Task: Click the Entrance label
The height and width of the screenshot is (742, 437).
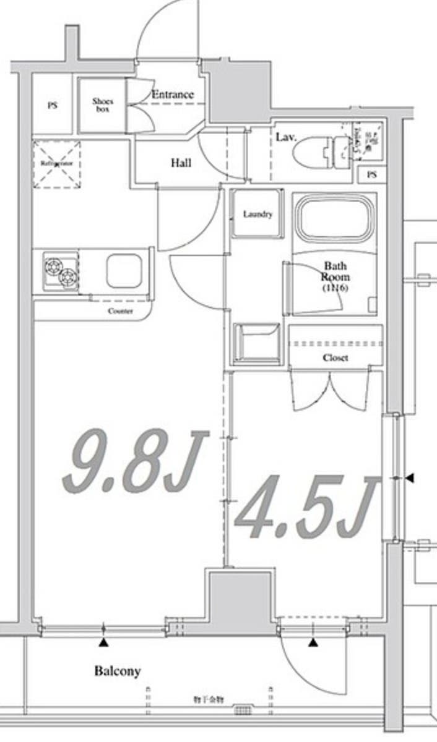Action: tap(173, 95)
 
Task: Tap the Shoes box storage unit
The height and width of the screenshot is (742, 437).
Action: tap(102, 104)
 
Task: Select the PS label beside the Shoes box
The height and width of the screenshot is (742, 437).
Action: tap(52, 105)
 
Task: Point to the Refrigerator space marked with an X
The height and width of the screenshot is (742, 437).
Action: tap(57, 164)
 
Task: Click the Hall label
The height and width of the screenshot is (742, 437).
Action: tap(181, 163)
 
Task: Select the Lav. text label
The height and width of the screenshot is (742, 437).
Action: tap(286, 137)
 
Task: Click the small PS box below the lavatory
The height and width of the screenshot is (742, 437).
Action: tap(371, 175)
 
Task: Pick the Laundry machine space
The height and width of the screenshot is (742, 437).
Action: tap(257, 214)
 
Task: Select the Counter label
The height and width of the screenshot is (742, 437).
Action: tap(120, 311)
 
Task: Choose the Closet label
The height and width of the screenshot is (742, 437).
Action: tap(335, 358)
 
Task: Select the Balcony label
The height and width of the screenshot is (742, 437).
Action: tap(117, 671)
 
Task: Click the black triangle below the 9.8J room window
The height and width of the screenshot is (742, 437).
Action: tap(103, 644)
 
